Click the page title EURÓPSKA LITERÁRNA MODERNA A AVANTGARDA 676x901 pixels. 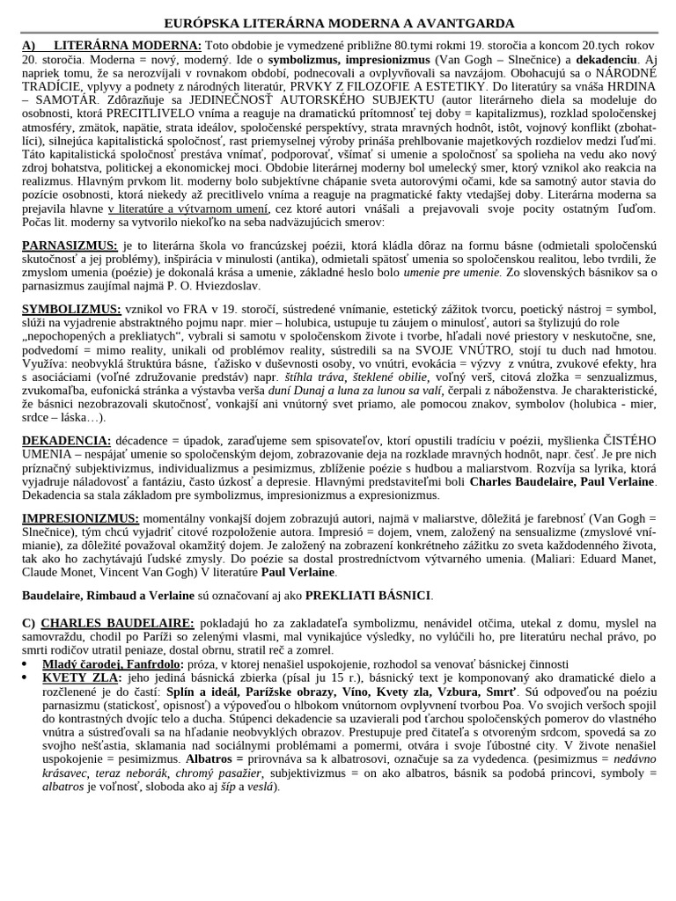tap(339, 23)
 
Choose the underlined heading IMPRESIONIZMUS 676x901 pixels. tap(80, 518)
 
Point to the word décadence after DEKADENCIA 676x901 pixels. tap(145, 440)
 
